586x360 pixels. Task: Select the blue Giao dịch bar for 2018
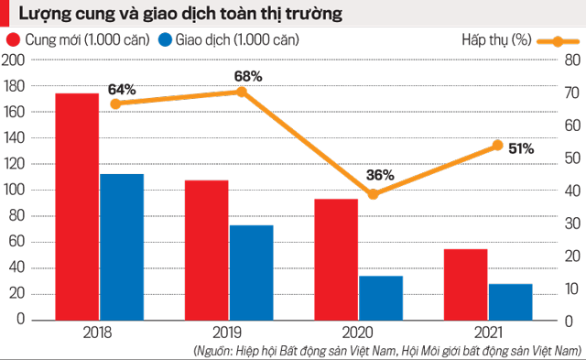(x=122, y=246)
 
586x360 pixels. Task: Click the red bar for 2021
(x=465, y=284)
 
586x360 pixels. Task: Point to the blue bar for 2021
(x=510, y=301)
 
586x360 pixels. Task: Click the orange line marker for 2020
(x=373, y=194)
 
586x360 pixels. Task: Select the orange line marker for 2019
(x=242, y=92)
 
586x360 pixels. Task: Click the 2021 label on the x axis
(x=486, y=333)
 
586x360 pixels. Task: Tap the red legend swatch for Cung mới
(x=15, y=40)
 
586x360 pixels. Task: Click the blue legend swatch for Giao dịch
(x=166, y=40)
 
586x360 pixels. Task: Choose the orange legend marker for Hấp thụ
(x=551, y=41)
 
